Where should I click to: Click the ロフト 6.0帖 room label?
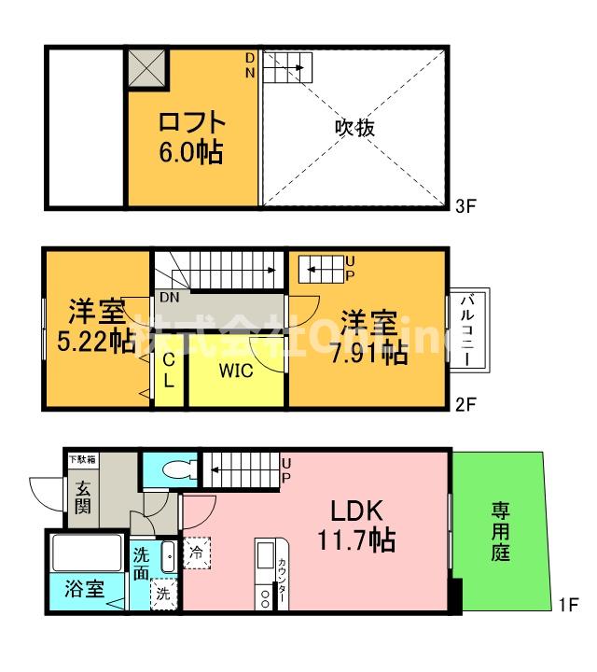[190, 136]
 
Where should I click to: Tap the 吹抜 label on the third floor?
[354, 128]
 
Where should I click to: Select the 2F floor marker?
[466, 407]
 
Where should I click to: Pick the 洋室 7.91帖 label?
[371, 336]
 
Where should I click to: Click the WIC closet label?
[236, 371]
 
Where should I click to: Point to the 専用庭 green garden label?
[501, 530]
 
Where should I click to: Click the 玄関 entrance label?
[84, 497]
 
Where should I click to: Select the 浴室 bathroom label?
[83, 589]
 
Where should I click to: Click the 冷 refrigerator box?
[197, 552]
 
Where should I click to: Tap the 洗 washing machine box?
[162, 592]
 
